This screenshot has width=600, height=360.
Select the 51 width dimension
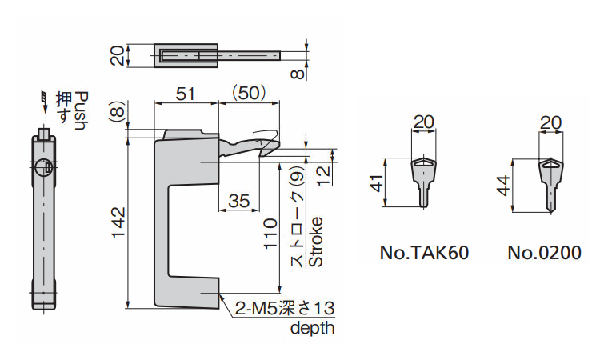(x=185, y=93)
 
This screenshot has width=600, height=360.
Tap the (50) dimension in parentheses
(x=249, y=93)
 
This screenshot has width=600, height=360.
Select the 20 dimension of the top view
(x=118, y=56)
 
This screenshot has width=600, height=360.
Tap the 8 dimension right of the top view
(x=297, y=73)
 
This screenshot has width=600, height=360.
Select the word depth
(x=312, y=328)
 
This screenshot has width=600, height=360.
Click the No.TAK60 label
(x=424, y=254)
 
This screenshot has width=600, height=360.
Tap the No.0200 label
(x=544, y=254)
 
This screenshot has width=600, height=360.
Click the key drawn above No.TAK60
(x=424, y=181)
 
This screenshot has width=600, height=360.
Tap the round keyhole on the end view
(x=45, y=167)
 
